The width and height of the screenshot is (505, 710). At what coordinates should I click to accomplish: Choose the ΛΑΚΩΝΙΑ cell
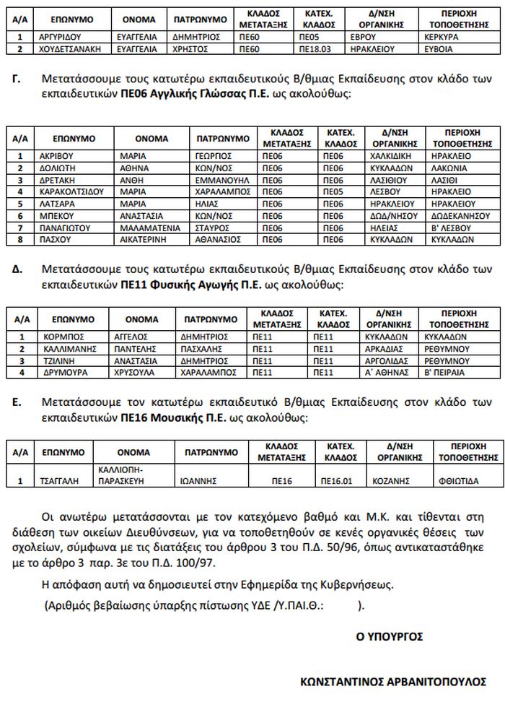click(x=449, y=168)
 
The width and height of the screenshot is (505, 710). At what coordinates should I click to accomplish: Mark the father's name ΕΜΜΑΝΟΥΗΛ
click(x=222, y=180)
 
